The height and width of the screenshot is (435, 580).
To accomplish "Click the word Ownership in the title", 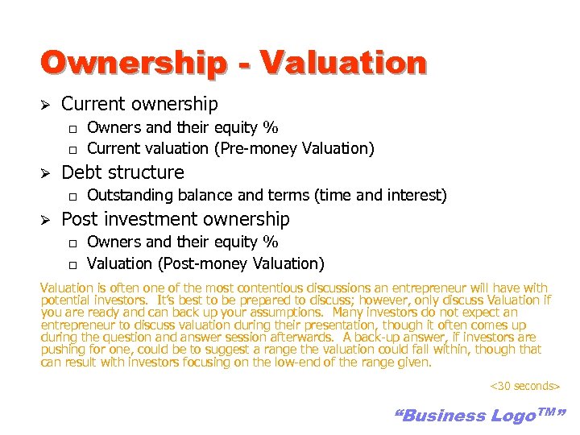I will point(133,63).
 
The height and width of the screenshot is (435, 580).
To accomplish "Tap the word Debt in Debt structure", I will point(81,172).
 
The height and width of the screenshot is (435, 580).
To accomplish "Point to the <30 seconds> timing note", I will point(524,386).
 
